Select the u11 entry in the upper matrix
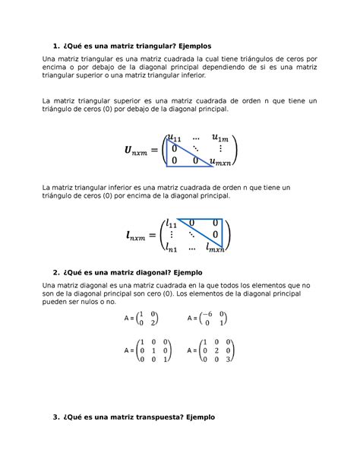coord(174,138)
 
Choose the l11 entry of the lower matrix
coord(172,224)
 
